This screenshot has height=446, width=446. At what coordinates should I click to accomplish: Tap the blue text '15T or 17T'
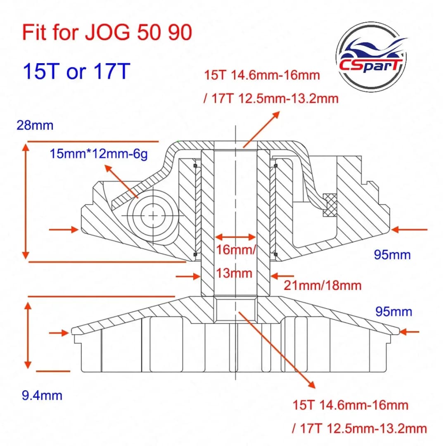click(76, 71)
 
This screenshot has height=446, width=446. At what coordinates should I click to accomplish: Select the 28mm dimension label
click(35, 125)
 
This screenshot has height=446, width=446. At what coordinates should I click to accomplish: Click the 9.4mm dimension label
click(42, 395)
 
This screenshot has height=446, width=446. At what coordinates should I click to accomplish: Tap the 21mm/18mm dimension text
click(322, 285)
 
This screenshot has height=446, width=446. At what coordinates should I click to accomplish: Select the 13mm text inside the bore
click(234, 273)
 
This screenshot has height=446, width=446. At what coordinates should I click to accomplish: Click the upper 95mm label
click(392, 255)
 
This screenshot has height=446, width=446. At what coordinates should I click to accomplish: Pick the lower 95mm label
click(394, 311)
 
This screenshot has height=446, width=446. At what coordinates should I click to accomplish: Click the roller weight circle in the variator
click(153, 215)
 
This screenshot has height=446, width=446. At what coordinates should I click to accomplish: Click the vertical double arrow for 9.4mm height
click(28, 334)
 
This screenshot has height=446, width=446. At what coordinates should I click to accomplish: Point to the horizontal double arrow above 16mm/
click(236, 237)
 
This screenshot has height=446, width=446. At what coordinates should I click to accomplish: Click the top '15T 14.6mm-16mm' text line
click(262, 75)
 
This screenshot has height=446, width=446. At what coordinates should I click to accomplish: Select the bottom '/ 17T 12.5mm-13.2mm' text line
click(359, 428)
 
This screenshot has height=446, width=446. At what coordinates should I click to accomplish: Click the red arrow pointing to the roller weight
click(121, 182)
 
